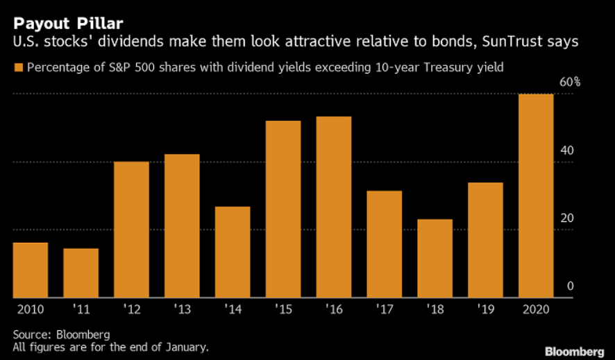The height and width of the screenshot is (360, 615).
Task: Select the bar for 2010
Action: click(x=31, y=271)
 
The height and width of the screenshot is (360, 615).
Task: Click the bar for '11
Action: click(x=81, y=273)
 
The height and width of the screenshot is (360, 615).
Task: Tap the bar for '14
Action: click(x=233, y=252)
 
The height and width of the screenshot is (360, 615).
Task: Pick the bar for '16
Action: click(x=334, y=207)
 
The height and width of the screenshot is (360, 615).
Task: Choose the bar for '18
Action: click(x=435, y=259)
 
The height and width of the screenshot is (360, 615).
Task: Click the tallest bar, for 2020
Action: click(x=536, y=196)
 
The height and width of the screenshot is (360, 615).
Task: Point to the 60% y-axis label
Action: click(x=570, y=83)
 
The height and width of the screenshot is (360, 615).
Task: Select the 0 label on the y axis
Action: click(x=570, y=286)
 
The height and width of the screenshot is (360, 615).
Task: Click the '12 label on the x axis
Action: click(x=132, y=309)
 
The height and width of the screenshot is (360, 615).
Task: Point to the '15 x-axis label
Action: click(x=283, y=309)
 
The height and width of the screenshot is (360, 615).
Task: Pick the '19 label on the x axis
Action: click(x=485, y=309)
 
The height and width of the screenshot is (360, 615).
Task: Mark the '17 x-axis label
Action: click(x=384, y=309)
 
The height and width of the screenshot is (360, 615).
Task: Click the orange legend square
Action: click(x=17, y=68)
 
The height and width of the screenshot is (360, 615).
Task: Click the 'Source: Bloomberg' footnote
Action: click(x=62, y=335)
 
